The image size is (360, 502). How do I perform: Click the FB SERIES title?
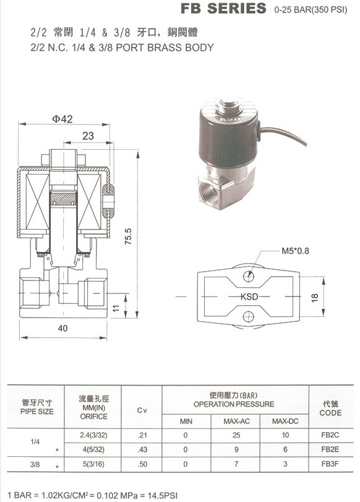223,9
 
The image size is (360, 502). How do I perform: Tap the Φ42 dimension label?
62,119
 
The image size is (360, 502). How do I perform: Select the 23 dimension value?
88,136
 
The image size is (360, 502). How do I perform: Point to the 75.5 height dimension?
128,236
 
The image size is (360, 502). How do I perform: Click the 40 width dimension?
62,328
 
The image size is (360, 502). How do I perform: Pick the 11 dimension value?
116,308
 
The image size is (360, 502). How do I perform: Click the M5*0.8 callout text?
295,251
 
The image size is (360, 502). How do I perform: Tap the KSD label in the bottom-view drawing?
249,296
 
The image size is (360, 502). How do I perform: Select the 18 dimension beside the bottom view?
315,298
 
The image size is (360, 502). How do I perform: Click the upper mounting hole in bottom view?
248,276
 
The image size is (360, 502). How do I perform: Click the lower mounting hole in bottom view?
248,317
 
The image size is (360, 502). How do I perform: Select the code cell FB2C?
330,435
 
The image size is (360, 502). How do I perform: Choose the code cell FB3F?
330,464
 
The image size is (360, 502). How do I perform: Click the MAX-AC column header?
236,422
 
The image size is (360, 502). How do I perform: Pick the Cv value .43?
142,449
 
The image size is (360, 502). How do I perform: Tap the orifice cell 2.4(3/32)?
93,435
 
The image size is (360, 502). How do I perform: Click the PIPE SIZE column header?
36,412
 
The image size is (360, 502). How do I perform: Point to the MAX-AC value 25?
236,435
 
